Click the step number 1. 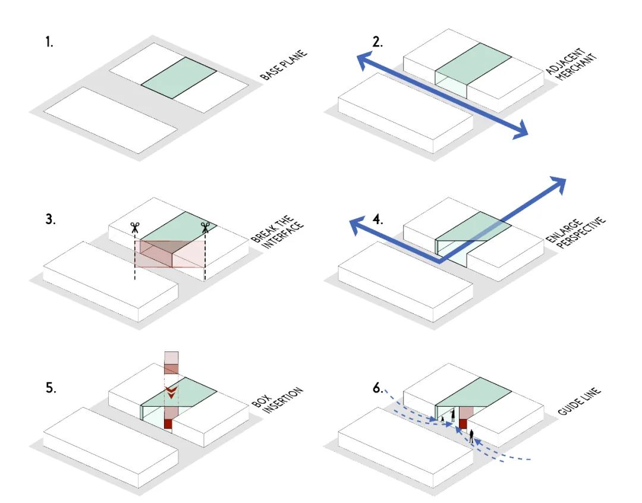[49, 42]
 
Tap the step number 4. [378, 219]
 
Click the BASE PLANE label [284, 65]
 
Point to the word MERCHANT [577, 68]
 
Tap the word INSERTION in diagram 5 [283, 400]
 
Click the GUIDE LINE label [580, 401]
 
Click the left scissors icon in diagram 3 [135, 228]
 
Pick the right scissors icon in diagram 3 [205, 227]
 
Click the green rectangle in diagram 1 [179, 78]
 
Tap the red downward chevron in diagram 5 [171, 392]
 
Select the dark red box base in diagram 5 [168, 423]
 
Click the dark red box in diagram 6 [463, 423]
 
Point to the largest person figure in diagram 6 [471, 436]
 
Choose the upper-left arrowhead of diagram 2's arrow [365, 60]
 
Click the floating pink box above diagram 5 [171, 363]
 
